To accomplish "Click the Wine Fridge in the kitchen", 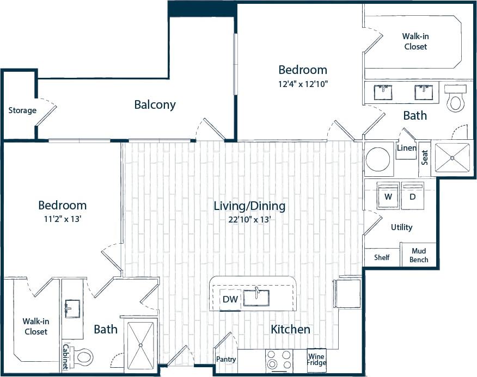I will (317, 360).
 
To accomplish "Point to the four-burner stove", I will (278, 360).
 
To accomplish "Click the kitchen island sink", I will (255, 298).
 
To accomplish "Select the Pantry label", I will (225, 360).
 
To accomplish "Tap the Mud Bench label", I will (419, 256).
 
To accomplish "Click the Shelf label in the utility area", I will (382, 257).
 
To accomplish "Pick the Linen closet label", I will (407, 149).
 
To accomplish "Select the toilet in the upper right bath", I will (455, 100).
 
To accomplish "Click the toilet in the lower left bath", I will (83, 357).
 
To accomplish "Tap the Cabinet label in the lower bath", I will (65, 357).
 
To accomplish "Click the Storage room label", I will (22, 110).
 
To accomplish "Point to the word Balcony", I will (155, 105).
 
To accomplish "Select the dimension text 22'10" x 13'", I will (250, 220).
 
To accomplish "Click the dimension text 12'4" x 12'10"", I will (303, 84).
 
